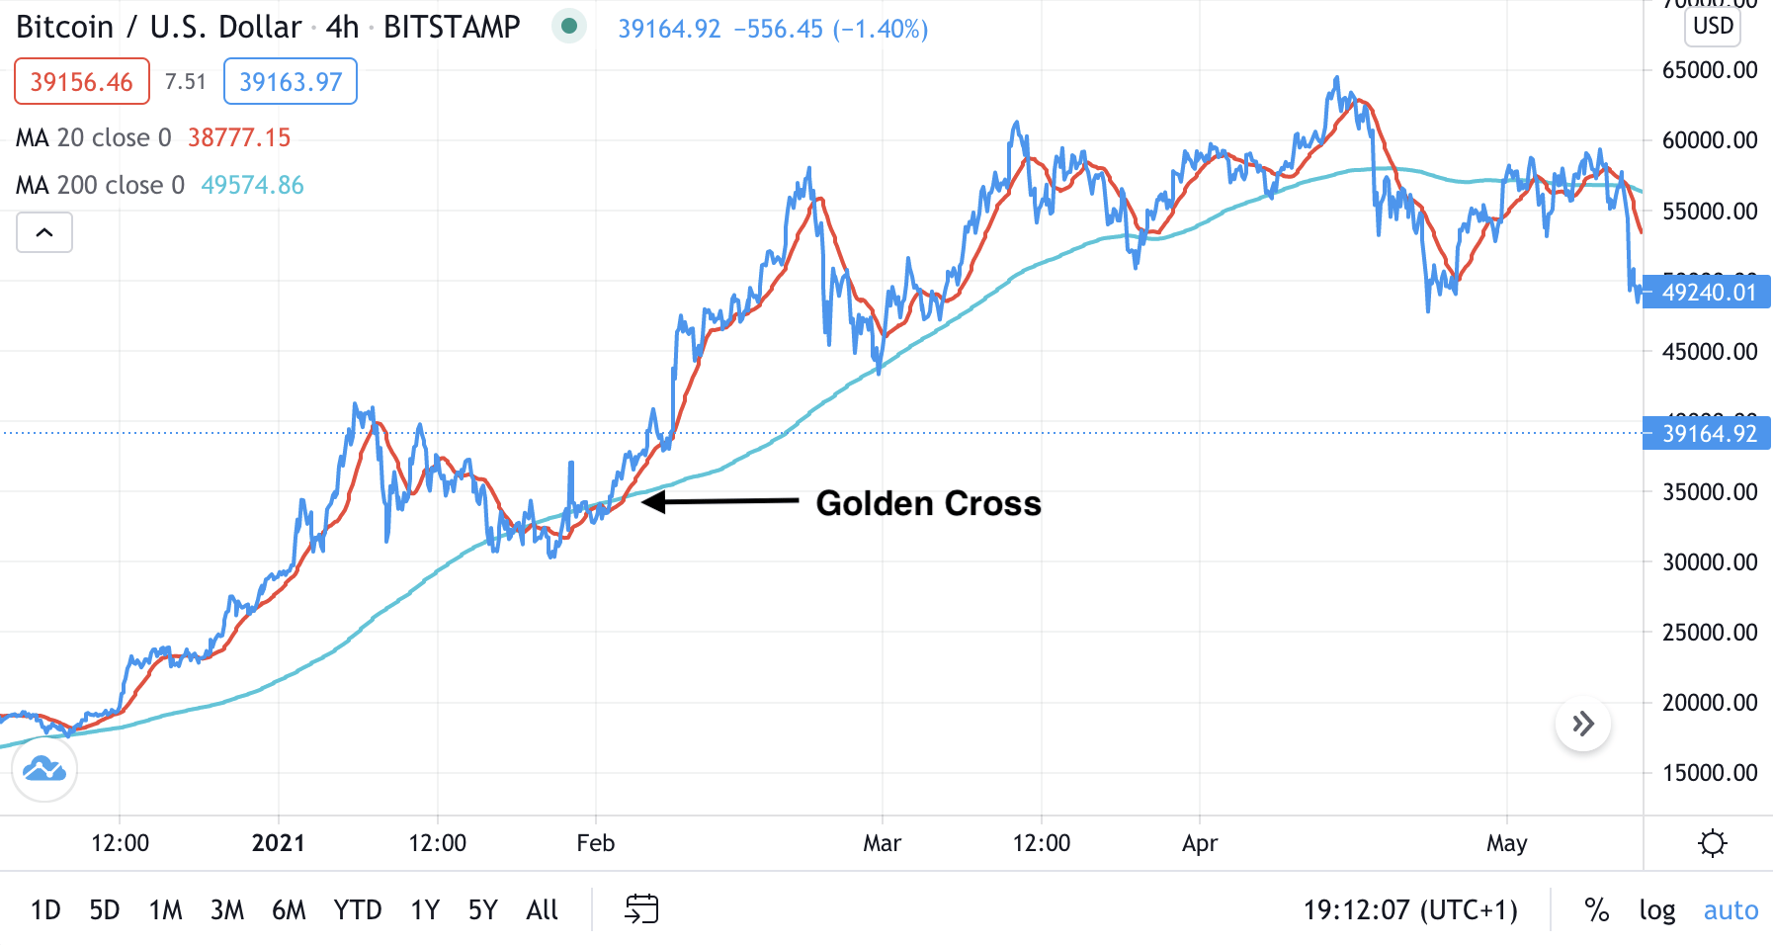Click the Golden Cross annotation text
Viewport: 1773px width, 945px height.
tap(928, 503)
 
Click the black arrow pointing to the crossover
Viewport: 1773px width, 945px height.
tap(720, 502)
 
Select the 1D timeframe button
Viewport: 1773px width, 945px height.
tap(45, 909)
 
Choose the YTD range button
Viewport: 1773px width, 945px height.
tap(357, 909)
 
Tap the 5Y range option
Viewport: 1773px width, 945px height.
tap(482, 909)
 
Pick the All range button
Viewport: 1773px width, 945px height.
tap(542, 909)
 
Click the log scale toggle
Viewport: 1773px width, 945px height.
tap(1656, 909)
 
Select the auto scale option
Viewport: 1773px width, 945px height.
tap(1731, 909)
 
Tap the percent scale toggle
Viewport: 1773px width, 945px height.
tap(1596, 909)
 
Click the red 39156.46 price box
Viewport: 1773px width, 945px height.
tap(81, 81)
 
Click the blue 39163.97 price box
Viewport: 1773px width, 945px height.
tap(291, 81)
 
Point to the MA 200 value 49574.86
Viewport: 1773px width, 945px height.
tap(252, 185)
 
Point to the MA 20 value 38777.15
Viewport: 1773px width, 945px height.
tap(239, 137)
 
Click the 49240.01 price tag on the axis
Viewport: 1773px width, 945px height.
tap(1709, 293)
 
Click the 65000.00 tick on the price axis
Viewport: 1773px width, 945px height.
tap(1710, 70)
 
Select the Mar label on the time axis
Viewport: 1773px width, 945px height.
tap(882, 843)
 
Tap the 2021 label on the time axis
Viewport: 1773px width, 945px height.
tap(278, 843)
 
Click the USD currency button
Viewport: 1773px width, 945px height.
tap(1713, 26)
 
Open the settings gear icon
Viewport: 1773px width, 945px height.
tap(1712, 843)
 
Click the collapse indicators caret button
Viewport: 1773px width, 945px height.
tap(44, 232)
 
